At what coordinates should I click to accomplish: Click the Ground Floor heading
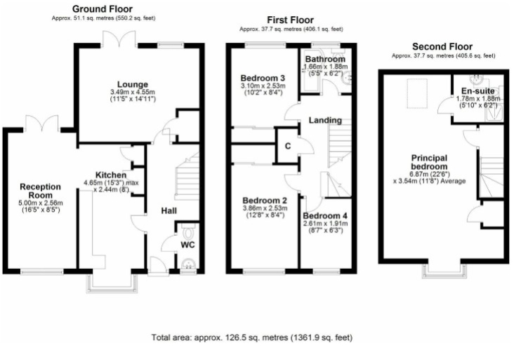(x=103, y=9)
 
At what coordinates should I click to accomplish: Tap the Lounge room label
(x=133, y=85)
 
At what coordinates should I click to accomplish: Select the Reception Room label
(x=40, y=191)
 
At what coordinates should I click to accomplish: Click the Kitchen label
(x=111, y=175)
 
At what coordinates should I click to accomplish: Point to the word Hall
(x=169, y=211)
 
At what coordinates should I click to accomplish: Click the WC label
(x=187, y=245)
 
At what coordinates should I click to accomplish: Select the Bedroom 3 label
(x=263, y=78)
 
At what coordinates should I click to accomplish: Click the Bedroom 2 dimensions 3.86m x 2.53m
(x=265, y=208)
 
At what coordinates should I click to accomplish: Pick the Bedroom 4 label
(x=325, y=216)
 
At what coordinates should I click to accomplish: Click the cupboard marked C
(x=287, y=146)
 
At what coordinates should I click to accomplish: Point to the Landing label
(x=325, y=120)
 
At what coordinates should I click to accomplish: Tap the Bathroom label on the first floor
(x=325, y=59)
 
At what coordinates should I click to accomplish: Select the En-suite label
(x=478, y=91)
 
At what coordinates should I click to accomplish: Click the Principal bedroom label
(x=429, y=162)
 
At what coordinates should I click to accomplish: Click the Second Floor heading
(x=442, y=46)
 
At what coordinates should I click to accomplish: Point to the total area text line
(x=252, y=338)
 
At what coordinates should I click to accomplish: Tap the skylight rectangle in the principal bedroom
(x=417, y=93)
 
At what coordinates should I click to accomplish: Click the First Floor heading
(x=291, y=20)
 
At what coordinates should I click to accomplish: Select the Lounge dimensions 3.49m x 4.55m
(x=133, y=92)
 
